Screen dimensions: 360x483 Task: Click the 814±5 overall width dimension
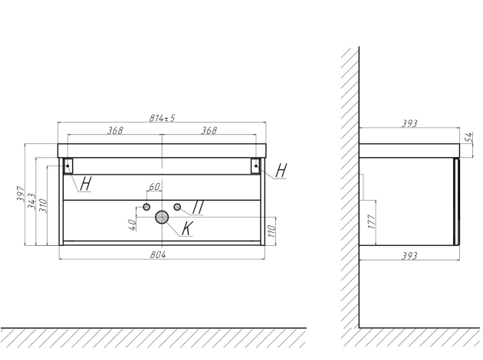click(163, 118)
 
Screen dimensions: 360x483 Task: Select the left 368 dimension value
click(116, 130)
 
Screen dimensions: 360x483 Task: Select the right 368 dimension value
click(209, 130)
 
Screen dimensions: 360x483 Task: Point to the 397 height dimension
click(21, 201)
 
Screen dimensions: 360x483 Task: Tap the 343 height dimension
click(32, 203)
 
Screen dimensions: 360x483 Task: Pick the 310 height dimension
click(43, 205)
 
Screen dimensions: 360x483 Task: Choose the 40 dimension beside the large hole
click(132, 224)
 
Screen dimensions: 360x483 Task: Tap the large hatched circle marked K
click(162, 218)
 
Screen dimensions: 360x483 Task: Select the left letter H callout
click(85, 183)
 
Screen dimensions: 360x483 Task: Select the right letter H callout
click(281, 171)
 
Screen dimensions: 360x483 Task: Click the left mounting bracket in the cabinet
click(67, 165)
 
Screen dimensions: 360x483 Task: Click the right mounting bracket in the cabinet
click(256, 165)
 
